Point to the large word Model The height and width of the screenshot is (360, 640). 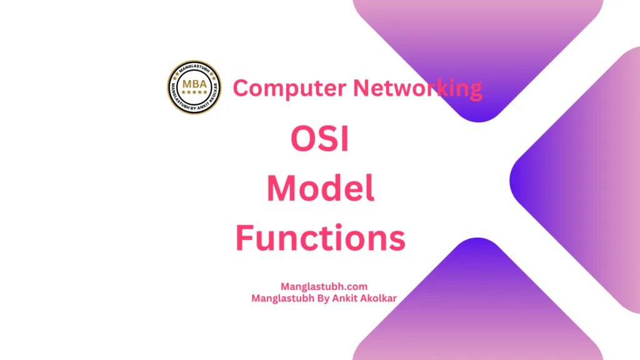pos(321,189)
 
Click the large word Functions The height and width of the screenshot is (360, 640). pos(320,238)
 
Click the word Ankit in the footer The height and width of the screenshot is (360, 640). pos(348,298)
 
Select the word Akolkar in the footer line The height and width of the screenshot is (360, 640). pos(380,298)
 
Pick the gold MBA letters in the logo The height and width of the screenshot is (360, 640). pos(194,84)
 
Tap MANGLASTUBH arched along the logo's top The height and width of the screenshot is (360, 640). pos(194,70)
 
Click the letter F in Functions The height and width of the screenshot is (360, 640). pos(244,238)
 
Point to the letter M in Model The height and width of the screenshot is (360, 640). pos(281,189)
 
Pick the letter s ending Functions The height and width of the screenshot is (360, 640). pos(396,240)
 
